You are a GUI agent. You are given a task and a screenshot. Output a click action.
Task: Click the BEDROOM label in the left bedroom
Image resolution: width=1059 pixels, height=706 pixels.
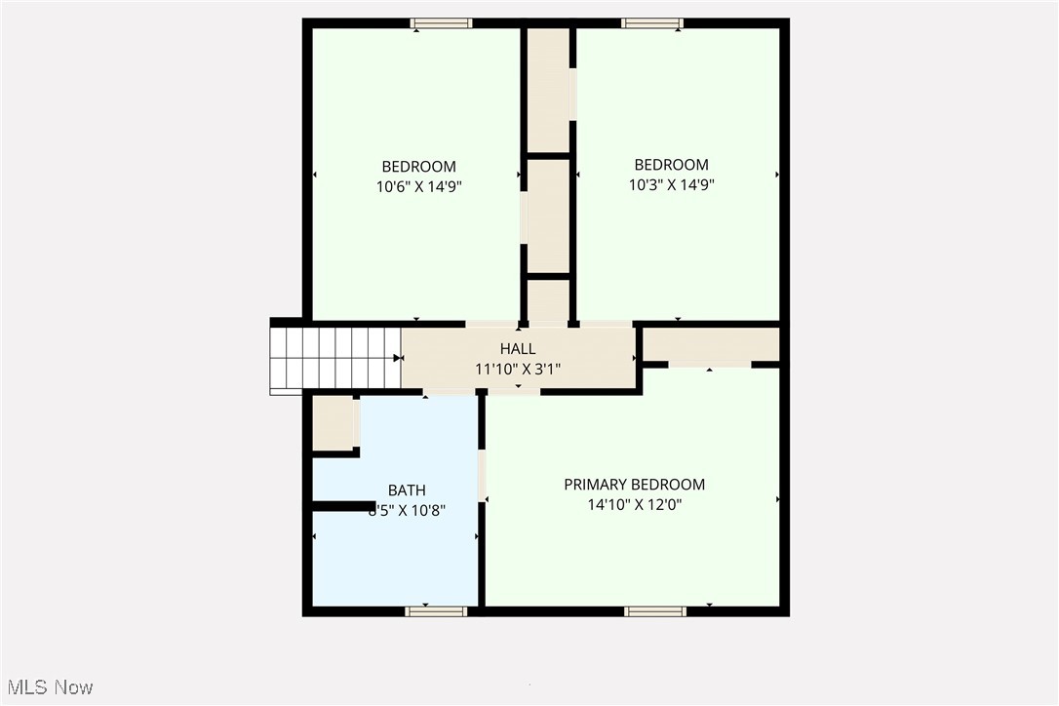[x=418, y=167]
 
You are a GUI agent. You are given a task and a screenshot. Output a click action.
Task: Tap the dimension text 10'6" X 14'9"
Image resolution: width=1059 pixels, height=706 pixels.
[x=418, y=186]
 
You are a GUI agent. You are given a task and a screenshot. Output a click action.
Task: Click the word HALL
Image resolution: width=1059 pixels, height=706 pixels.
[x=518, y=349]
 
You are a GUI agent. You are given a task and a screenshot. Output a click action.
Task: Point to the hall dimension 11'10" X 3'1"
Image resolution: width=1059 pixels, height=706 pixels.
[x=518, y=369]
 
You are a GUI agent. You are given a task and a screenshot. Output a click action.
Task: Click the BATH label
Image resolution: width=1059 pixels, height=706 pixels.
[x=407, y=490]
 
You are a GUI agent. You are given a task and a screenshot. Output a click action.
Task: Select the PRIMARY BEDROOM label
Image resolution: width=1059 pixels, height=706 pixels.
[x=634, y=485]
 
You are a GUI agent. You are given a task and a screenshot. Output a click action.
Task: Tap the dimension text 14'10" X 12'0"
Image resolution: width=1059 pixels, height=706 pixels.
[x=634, y=505]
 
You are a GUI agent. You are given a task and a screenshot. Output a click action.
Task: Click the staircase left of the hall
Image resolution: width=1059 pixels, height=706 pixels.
[x=335, y=360]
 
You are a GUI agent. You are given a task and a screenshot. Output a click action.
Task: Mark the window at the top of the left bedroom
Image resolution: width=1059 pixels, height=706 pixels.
[x=441, y=23]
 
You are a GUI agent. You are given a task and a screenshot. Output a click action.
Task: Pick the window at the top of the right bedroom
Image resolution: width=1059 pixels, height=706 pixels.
[x=652, y=23]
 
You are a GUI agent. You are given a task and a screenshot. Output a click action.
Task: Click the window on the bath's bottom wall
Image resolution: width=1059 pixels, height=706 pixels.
[x=436, y=611]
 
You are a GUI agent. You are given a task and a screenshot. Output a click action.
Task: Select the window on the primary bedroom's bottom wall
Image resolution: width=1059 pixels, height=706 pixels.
[x=655, y=611]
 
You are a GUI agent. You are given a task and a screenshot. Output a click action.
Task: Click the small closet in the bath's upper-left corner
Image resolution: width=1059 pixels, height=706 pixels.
[x=333, y=422]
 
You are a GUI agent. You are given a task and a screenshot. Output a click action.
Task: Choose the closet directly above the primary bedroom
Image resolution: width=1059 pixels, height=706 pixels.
[x=711, y=344]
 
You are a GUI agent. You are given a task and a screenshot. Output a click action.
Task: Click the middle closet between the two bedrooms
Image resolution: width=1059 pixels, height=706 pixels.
[x=548, y=216]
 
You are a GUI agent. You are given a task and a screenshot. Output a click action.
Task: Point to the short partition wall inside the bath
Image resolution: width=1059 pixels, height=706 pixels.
[x=342, y=505]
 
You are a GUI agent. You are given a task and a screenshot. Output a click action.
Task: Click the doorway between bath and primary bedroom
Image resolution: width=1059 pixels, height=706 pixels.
[x=482, y=475]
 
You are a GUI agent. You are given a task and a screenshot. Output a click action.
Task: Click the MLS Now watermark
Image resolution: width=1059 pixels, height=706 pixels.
[x=48, y=687]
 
